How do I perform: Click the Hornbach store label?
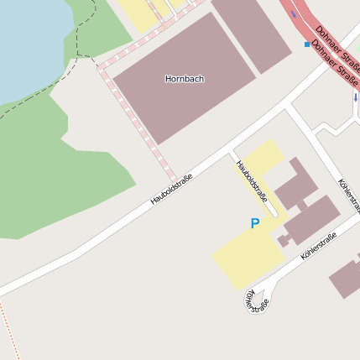pos(184,79)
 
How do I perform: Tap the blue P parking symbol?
pos(255,224)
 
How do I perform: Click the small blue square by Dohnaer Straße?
pos(307,44)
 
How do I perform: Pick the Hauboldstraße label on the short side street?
pos(253,182)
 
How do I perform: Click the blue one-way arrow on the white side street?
pos(355,97)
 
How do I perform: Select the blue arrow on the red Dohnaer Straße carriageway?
pos(293,14)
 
